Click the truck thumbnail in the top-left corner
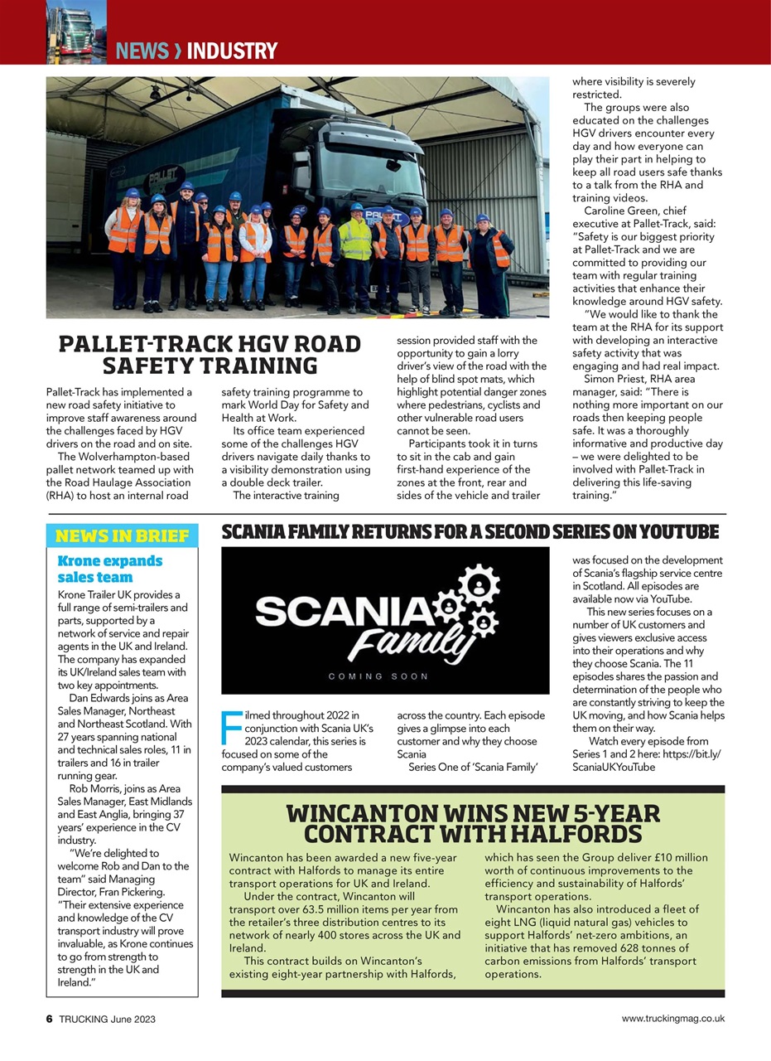pos(76,31)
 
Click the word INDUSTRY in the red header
pos(232,51)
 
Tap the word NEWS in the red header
pos(142,51)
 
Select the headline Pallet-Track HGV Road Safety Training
pos(210,355)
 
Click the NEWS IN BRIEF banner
pos(122,535)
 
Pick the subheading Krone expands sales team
pos(109,569)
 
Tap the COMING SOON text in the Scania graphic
pos(378,676)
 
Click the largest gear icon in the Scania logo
pos(478,585)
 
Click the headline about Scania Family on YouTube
pos(470,531)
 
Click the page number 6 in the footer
pos(50,1019)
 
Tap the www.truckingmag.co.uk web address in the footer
pos(672,1019)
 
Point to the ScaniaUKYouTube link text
pos(613,767)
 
